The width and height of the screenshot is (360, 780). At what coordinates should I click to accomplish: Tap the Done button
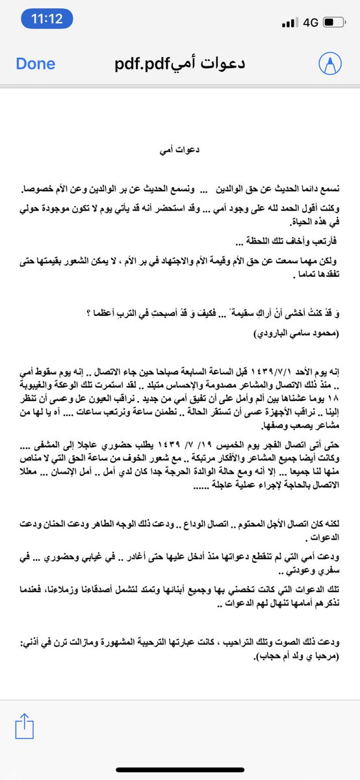[x=36, y=64]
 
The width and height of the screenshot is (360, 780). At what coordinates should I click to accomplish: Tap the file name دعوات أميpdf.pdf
[x=180, y=64]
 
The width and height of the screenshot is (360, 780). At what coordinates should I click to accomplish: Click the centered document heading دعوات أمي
[x=179, y=149]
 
